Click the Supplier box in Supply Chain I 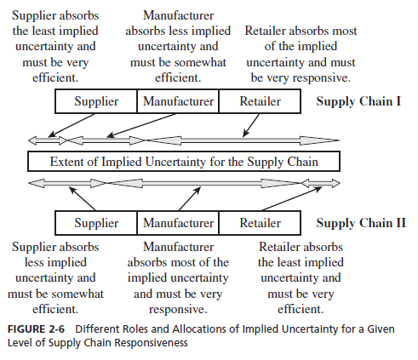[x=96, y=101]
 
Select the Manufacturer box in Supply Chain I [x=178, y=101]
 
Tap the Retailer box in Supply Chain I [x=260, y=101]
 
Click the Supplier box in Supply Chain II [x=96, y=223]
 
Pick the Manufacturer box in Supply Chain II [x=178, y=223]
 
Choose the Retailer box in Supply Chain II [x=260, y=223]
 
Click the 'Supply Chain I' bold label [x=358, y=101]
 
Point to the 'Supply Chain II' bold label [x=361, y=223]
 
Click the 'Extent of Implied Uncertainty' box [x=184, y=162]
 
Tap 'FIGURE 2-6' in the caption [x=36, y=329]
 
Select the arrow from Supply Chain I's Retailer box [x=251, y=125]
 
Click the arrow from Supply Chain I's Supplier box [x=72, y=125]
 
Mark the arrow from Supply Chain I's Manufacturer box [x=141, y=126]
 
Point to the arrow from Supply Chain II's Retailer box [x=292, y=198]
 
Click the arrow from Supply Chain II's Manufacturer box [x=190, y=198]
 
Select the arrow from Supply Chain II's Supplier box [x=83, y=198]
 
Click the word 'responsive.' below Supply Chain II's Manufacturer [x=178, y=309]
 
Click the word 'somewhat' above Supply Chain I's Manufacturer [x=200, y=62]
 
